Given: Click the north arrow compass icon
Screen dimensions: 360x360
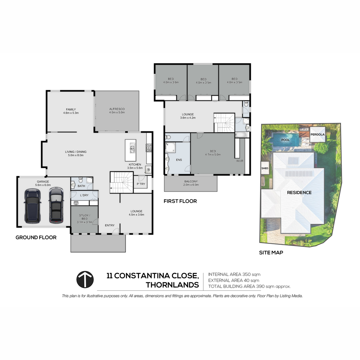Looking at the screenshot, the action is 85,280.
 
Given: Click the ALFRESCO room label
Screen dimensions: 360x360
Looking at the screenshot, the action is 117,109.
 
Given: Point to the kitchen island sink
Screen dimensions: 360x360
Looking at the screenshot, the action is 133,149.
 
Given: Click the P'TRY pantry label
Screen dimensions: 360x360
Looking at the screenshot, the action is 141,184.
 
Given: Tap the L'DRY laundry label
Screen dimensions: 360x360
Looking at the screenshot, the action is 84,195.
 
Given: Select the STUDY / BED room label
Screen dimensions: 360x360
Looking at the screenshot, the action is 84,217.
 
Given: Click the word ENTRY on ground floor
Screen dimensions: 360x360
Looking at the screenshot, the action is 110,225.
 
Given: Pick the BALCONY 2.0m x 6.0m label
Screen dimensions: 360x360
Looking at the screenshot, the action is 191,183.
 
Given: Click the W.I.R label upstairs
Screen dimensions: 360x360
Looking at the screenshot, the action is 240,161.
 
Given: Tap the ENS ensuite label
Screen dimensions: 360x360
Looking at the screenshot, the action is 179,160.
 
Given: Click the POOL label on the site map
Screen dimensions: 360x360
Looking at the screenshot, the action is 286,140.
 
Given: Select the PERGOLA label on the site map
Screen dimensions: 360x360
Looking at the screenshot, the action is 318,134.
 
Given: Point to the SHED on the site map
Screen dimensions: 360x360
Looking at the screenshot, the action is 265,168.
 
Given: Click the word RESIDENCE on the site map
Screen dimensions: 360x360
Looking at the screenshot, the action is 299,193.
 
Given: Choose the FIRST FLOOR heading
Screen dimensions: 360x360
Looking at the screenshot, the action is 180,201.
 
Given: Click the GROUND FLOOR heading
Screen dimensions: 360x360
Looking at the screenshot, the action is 36,237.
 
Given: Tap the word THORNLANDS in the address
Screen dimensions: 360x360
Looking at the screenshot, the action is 172,285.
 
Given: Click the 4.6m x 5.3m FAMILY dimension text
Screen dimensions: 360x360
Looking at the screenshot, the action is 71,113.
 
